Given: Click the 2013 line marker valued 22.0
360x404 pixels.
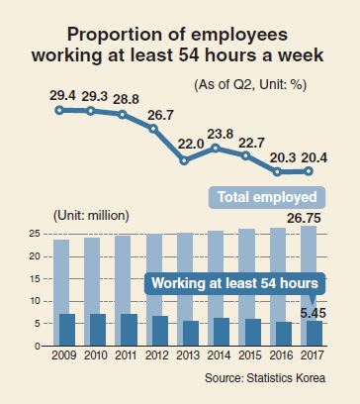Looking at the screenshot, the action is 184,161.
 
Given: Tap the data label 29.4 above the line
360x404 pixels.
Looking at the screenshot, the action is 62,95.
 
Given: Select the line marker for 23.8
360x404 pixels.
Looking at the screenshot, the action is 216,149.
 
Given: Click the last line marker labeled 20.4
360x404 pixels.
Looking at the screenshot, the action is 309,171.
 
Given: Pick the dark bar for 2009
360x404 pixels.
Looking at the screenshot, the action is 67,330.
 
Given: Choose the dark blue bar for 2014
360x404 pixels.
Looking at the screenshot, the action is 222,332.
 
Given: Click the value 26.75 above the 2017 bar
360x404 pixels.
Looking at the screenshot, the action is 304,218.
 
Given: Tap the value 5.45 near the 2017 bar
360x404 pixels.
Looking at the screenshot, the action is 314,313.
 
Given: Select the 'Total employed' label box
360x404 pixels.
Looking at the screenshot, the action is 267,197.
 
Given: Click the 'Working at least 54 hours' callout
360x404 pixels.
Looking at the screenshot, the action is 234,283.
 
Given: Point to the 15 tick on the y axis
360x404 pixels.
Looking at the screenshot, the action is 34,279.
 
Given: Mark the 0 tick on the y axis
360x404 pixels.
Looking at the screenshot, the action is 37,346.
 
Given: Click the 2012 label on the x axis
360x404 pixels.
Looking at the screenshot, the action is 157,355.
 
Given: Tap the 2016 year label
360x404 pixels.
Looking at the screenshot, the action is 281,355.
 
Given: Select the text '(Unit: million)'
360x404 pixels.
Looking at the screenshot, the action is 91,216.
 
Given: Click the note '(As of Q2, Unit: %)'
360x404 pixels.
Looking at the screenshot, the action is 250,85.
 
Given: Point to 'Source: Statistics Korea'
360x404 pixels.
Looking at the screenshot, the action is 265,377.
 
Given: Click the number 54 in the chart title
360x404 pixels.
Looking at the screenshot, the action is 189,54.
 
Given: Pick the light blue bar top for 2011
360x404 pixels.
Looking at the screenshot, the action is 123,237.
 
